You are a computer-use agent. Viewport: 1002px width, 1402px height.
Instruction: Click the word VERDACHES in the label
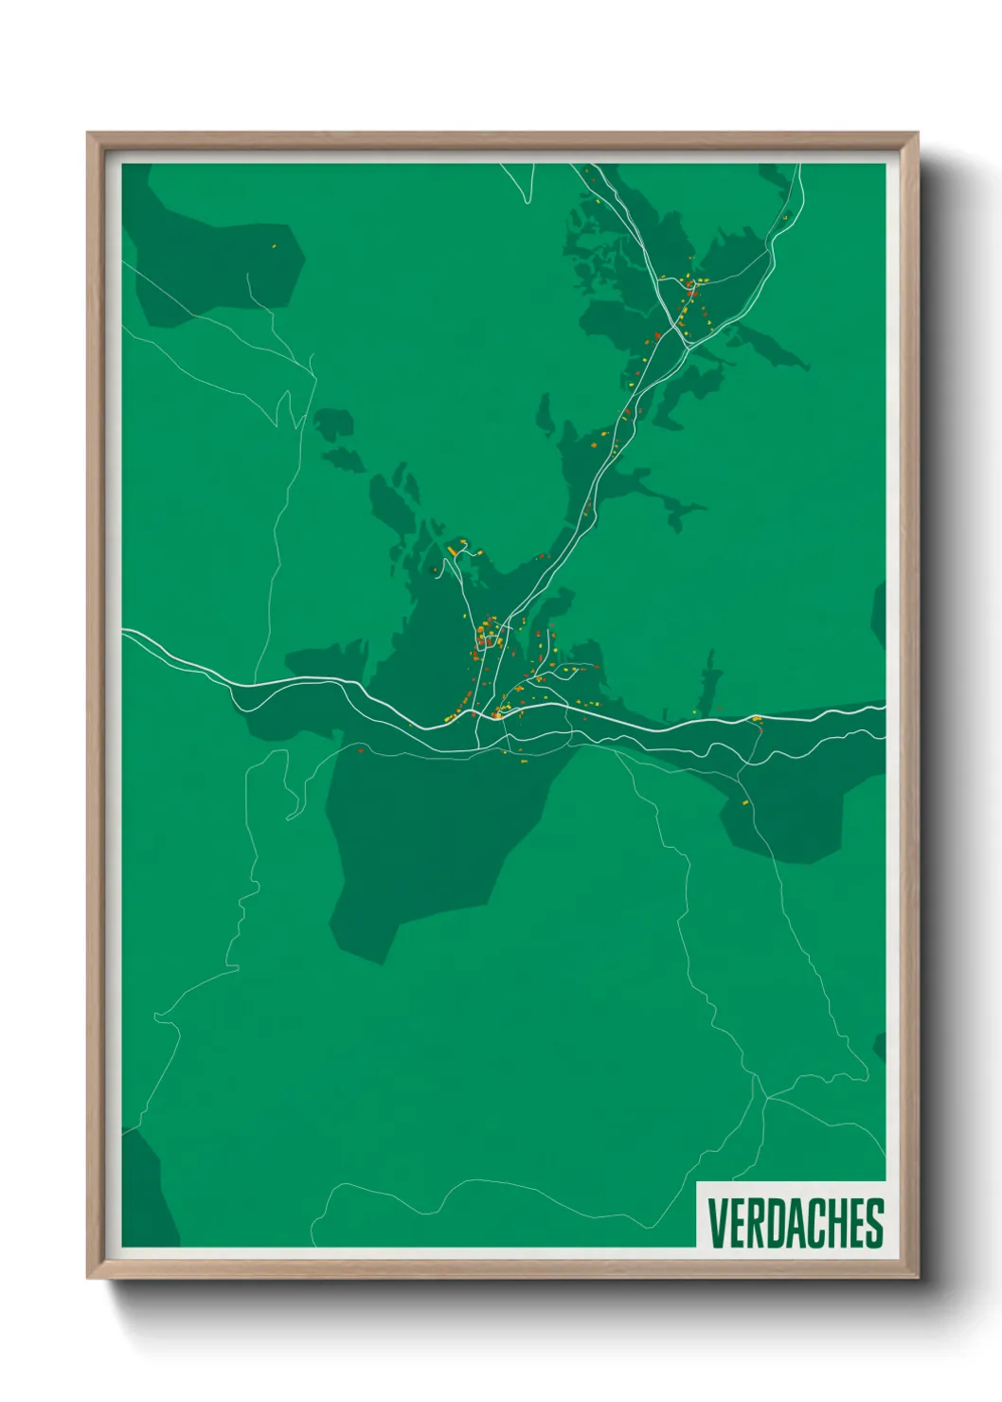point(795,1223)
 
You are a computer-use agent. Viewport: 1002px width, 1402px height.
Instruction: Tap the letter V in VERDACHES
point(717,1223)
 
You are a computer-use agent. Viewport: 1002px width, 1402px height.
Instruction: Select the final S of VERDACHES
point(874,1223)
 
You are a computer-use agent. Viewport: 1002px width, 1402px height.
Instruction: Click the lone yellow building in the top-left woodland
point(275,246)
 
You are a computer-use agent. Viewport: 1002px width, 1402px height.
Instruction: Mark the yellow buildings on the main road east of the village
point(756,719)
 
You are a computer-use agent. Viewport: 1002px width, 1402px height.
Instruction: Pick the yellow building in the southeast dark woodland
point(745,802)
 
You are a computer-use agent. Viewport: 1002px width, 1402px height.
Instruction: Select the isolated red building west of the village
point(361,750)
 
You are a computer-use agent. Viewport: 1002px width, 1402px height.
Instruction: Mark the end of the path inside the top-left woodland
point(248,275)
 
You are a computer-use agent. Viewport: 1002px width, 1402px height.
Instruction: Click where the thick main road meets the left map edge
point(124,631)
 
